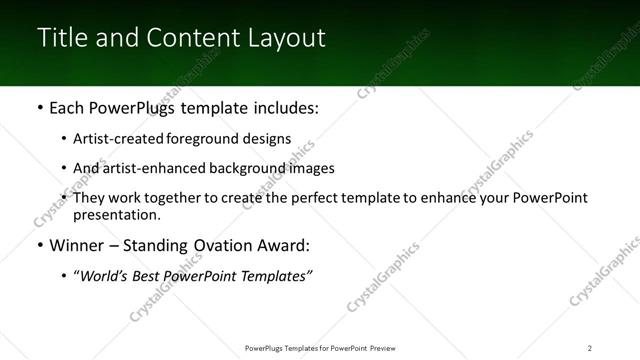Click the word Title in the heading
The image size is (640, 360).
[x=60, y=38]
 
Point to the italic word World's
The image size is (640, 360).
[x=107, y=276]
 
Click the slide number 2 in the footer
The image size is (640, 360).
[x=590, y=347]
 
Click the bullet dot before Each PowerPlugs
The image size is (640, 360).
[x=39, y=108]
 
